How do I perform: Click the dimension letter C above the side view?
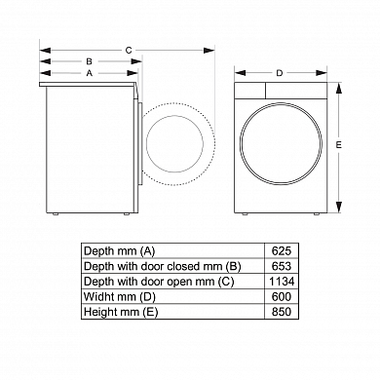[x=129, y=51]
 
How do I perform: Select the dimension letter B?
[x=89, y=61]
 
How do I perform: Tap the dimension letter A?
[x=90, y=73]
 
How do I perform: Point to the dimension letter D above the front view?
[x=280, y=73]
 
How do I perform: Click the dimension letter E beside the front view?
[x=339, y=145]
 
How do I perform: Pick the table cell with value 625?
[x=282, y=251]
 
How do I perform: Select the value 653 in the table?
[x=282, y=266]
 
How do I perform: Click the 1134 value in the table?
[x=282, y=282]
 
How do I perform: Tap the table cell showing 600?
[x=282, y=296]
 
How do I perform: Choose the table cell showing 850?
[x=282, y=312]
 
